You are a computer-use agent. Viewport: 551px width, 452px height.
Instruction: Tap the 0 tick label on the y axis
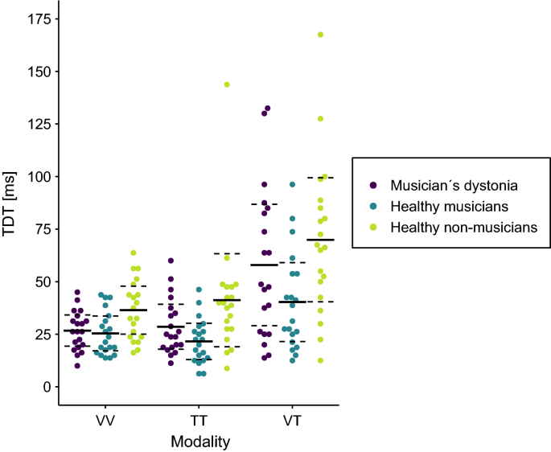click(47, 387)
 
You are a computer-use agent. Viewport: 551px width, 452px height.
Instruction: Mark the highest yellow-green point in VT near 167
click(320, 35)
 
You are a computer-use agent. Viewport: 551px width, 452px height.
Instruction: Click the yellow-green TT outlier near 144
click(227, 84)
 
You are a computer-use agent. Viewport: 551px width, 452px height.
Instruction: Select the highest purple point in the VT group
click(267, 108)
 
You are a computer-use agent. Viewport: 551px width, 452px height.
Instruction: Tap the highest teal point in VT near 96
click(293, 185)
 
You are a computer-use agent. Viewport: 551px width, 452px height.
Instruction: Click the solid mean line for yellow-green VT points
click(320, 240)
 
